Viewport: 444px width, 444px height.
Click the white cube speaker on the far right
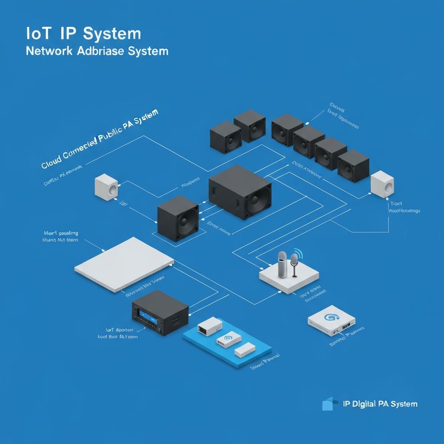pos(382,183)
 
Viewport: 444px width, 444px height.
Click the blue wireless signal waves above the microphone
pos(298,253)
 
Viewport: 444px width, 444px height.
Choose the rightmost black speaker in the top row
pos(353,166)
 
